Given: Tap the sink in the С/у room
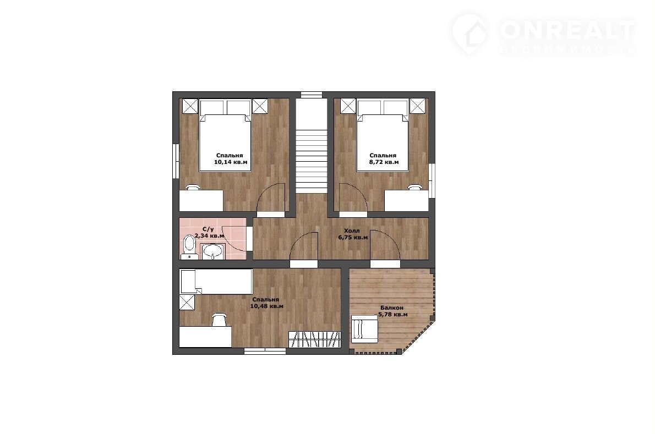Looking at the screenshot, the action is click(x=212, y=251).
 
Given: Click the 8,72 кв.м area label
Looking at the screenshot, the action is click(x=384, y=162).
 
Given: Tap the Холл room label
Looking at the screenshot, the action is click(x=352, y=231).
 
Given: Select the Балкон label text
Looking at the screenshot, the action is click(x=392, y=308).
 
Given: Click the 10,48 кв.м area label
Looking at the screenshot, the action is click(x=266, y=306).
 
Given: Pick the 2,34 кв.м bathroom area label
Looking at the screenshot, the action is click(x=209, y=236).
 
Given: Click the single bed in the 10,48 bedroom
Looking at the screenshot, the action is click(x=216, y=282).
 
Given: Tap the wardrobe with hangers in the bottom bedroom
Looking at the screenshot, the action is click(x=315, y=339).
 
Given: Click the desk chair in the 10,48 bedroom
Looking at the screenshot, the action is click(x=219, y=320).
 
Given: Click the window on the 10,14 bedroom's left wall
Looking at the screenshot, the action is click(x=176, y=161).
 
